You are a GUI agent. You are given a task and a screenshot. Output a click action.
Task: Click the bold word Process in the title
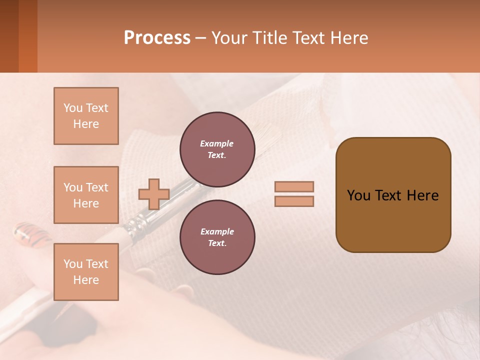[157, 38]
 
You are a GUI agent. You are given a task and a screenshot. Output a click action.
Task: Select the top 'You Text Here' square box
[86, 116]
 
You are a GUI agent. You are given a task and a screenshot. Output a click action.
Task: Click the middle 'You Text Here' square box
[86, 195]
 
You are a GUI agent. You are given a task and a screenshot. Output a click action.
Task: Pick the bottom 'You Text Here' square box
[86, 271]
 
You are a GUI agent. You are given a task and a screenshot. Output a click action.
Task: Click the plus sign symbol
[153, 194]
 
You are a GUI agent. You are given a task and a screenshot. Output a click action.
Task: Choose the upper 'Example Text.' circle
[217, 149]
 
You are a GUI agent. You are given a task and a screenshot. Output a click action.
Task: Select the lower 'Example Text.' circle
[217, 237]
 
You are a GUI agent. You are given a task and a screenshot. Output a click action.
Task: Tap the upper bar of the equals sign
[294, 186]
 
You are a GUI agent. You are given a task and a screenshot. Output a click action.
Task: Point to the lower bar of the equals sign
[294, 201]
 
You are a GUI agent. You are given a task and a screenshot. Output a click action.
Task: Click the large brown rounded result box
[393, 220]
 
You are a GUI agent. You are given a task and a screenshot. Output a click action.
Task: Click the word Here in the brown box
[422, 195]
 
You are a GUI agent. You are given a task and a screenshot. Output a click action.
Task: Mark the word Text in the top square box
[96, 108]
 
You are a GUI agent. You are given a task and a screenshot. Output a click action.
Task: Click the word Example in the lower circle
[217, 231]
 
